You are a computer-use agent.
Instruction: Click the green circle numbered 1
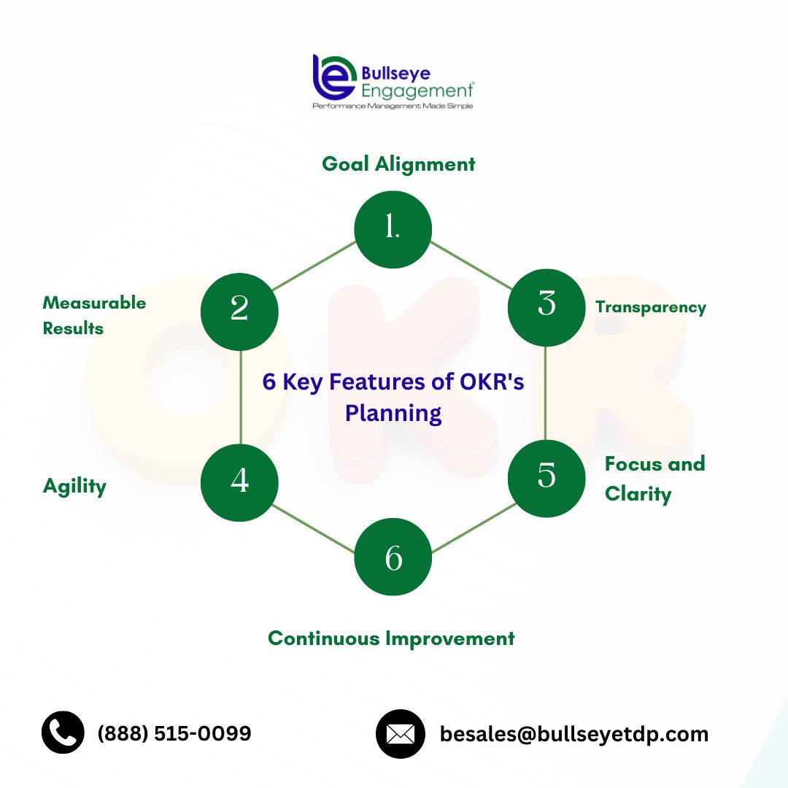(393, 230)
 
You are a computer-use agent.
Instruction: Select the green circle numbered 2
(239, 312)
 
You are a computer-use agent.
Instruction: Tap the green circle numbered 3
(546, 308)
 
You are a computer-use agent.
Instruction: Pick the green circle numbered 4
(239, 482)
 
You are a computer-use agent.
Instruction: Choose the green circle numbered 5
(546, 479)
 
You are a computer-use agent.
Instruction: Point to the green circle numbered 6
(393, 557)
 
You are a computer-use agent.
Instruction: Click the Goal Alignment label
(398, 164)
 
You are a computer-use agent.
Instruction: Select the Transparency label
(651, 307)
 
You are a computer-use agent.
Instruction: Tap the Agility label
(75, 487)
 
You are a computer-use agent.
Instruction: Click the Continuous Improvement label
(392, 638)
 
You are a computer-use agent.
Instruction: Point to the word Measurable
(94, 303)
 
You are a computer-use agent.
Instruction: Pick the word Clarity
(638, 494)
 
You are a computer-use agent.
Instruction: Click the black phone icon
(63, 733)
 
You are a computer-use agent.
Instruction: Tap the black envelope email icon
(401, 734)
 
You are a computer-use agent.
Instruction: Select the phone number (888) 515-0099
(174, 733)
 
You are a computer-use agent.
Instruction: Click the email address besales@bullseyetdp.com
(574, 734)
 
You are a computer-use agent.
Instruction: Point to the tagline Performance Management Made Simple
(393, 106)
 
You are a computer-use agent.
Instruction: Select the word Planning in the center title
(393, 414)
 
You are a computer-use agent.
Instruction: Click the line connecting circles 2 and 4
(241, 397)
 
